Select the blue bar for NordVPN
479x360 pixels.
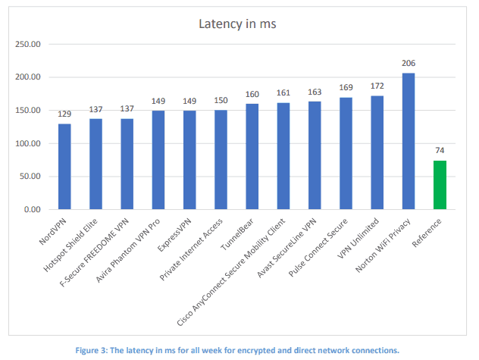pos(65,166)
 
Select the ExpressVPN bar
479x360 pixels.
pos(189,160)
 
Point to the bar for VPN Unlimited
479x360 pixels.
pos(377,152)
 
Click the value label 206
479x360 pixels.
pos(408,64)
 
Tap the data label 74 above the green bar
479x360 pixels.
pos(440,151)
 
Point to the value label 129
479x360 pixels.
pos(65,114)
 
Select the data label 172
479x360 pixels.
pos(377,86)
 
